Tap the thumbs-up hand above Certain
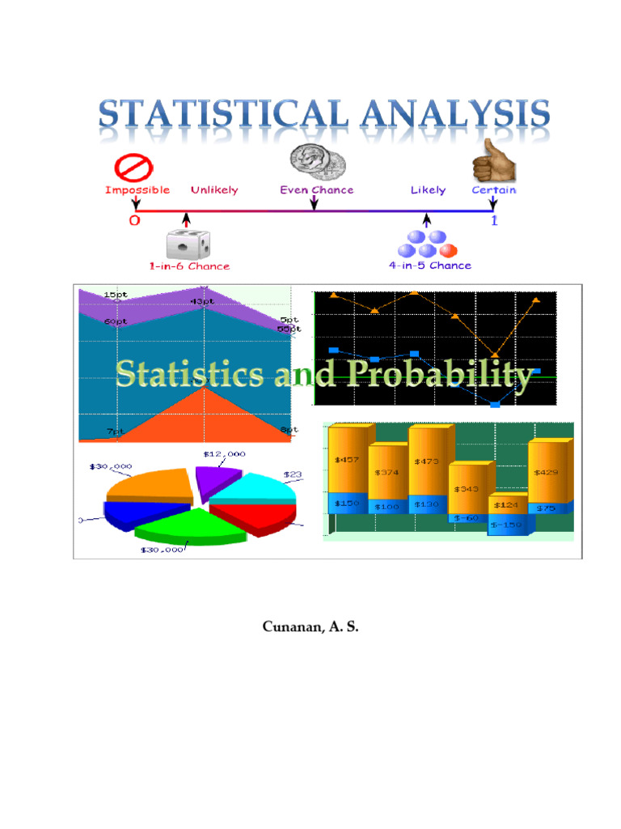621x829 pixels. point(493,160)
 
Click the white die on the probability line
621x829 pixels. point(187,244)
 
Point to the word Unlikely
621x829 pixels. point(214,190)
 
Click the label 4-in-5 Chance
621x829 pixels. point(429,266)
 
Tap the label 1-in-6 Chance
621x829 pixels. point(188,266)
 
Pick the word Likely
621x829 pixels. point(428,190)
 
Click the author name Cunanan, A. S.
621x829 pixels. point(310,627)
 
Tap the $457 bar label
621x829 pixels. point(349,460)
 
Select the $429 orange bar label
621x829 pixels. point(545,472)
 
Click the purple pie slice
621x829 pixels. point(218,479)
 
